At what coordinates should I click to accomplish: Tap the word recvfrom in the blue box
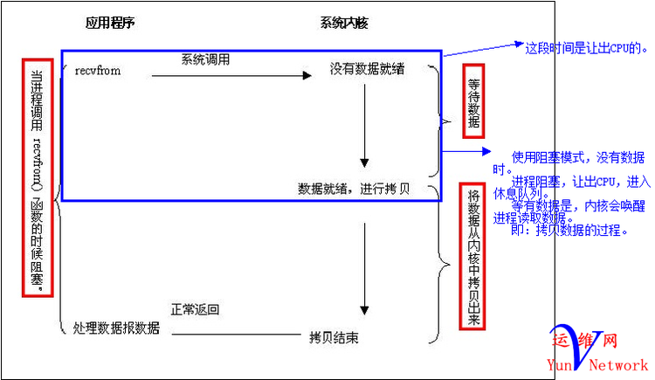97,70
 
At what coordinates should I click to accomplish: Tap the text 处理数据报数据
116,328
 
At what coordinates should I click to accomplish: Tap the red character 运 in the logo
559,342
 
